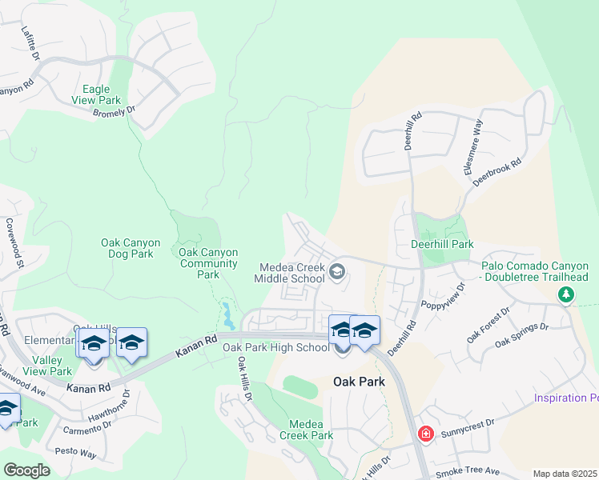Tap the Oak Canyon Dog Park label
(x=131, y=248)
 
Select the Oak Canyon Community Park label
(x=208, y=263)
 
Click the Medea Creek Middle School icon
(x=337, y=273)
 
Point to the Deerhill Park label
(x=442, y=244)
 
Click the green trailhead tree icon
(x=566, y=295)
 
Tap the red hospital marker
(x=426, y=434)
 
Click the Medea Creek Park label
(x=306, y=430)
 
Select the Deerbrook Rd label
(x=497, y=173)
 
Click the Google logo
(x=26, y=470)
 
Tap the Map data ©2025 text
(x=565, y=474)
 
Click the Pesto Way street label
(x=76, y=453)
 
